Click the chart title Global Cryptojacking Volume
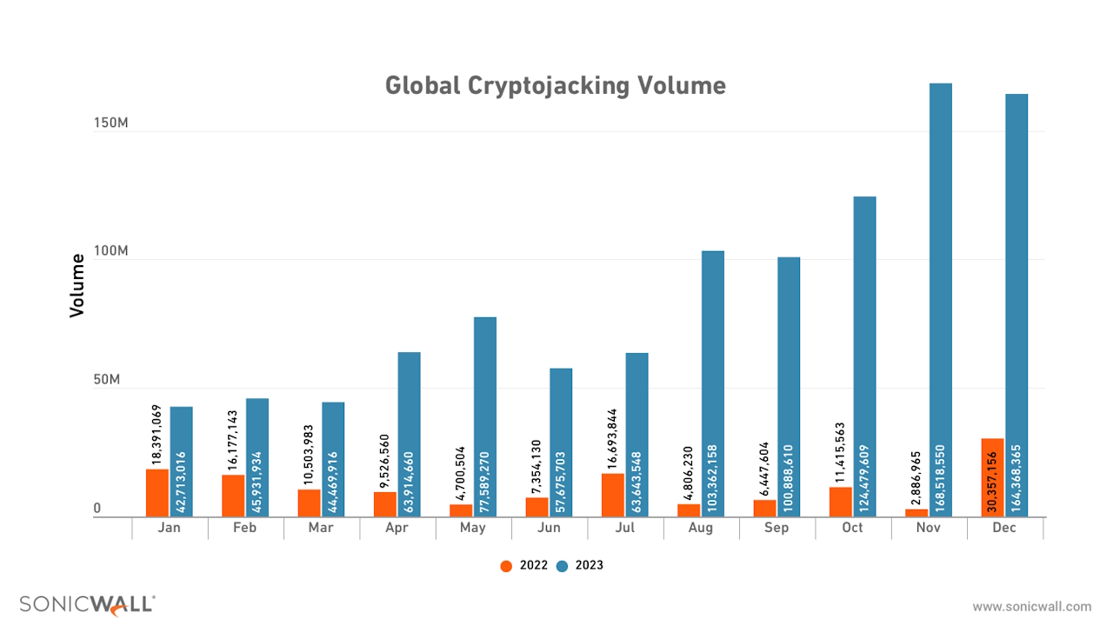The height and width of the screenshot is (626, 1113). click(555, 85)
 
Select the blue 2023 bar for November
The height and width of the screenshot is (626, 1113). click(941, 300)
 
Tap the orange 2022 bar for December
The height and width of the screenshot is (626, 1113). click(992, 477)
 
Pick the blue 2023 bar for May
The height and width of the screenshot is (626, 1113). click(485, 416)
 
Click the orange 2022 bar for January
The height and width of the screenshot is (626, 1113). click(157, 492)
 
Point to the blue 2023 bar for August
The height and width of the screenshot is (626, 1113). click(713, 383)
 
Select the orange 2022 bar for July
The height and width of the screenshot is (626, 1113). click(612, 495)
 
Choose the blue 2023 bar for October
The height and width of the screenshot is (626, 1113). click(864, 356)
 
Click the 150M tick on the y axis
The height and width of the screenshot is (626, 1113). click(111, 123)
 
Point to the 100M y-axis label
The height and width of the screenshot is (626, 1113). click(111, 252)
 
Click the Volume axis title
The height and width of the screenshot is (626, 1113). click(77, 284)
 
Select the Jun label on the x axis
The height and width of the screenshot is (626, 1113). click(549, 528)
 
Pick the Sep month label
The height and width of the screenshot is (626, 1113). click(776, 528)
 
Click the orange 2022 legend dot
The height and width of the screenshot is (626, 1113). click(506, 566)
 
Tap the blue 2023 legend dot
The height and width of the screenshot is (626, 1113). click(562, 566)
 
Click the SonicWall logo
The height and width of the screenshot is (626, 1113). click(88, 605)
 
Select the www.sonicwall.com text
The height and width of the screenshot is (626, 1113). click(1031, 607)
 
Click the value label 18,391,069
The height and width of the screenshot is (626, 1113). click(157, 435)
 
